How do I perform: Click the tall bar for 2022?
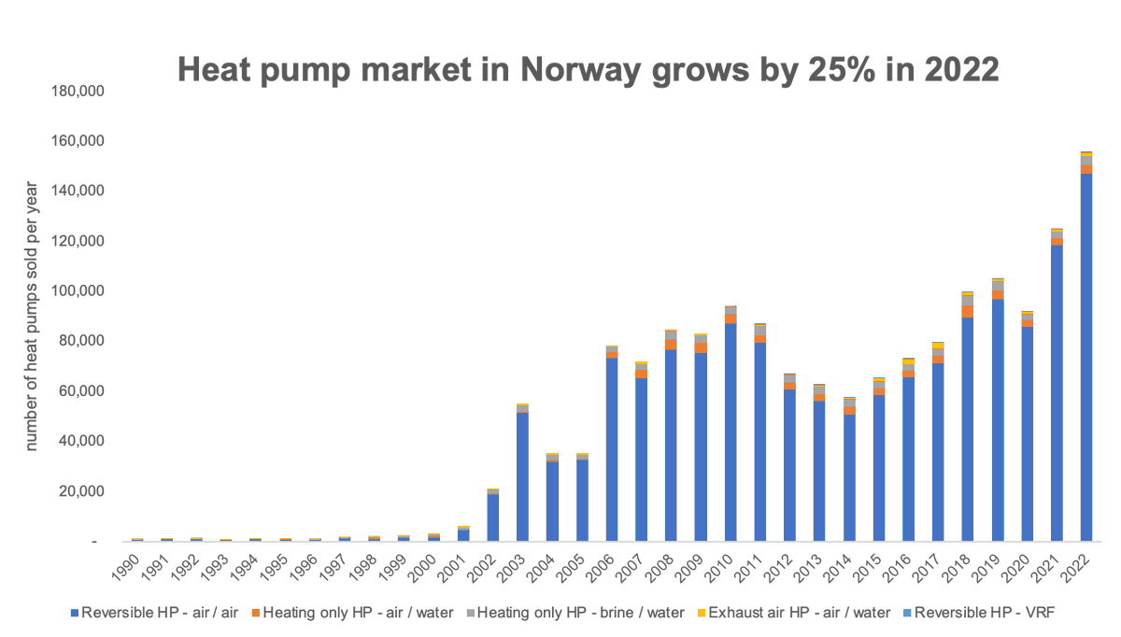[1086, 355]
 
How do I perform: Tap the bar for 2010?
[731, 430]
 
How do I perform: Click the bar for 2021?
[1057, 392]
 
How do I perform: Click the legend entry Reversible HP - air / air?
[155, 613]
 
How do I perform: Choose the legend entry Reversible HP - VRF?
[977, 613]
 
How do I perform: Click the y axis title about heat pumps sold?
[32, 317]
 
